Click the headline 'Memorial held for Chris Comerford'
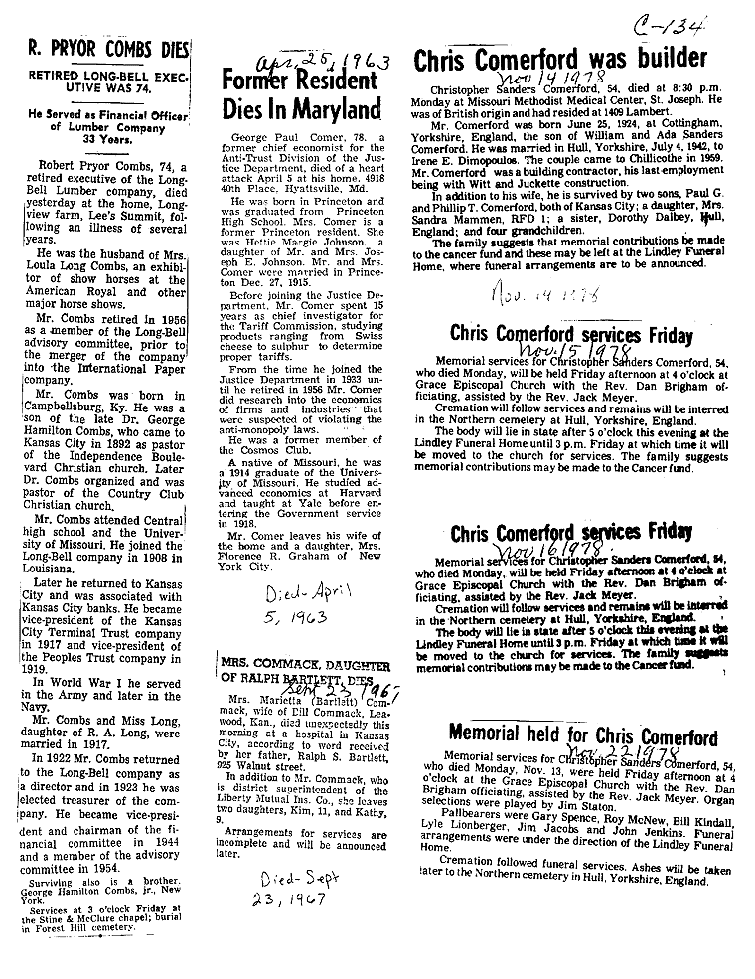(582, 736)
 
